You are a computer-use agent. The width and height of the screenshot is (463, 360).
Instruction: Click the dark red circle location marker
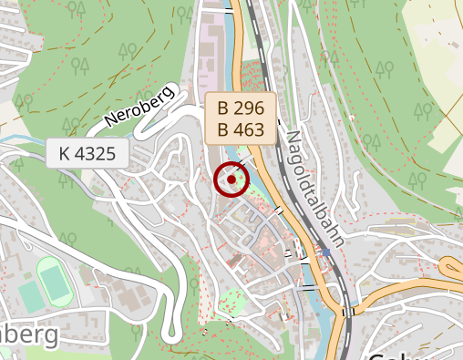pos(231,180)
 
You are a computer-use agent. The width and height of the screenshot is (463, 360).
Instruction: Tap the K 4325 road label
pos(87,153)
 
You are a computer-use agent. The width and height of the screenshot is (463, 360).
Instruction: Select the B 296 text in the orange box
pos(241,108)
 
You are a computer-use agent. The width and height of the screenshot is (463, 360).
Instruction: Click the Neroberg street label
pos(139,106)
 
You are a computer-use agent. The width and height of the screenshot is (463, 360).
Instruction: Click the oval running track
pos(55,282)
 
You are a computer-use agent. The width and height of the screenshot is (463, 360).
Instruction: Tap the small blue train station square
pos(325,252)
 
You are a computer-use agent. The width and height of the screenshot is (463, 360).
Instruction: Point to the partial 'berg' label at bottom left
pos(27,334)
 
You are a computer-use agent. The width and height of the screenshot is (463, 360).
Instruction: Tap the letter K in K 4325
pos(64,153)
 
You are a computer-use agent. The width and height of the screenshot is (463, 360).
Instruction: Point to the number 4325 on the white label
pos(95,153)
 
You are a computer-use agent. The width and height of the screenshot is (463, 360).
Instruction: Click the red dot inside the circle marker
pos(231,180)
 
